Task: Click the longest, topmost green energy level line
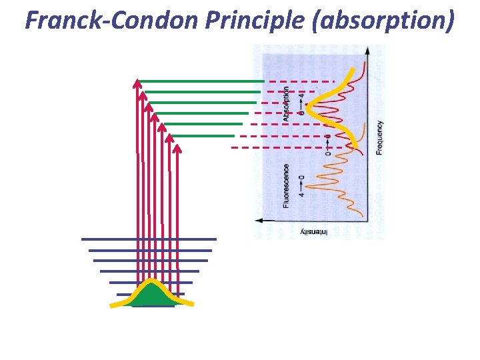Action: [200, 81]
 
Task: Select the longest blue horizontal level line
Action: [149, 239]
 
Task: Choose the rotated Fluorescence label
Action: [286, 186]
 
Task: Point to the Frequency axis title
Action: [380, 137]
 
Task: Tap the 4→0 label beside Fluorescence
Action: [301, 186]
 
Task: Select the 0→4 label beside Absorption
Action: [301, 104]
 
